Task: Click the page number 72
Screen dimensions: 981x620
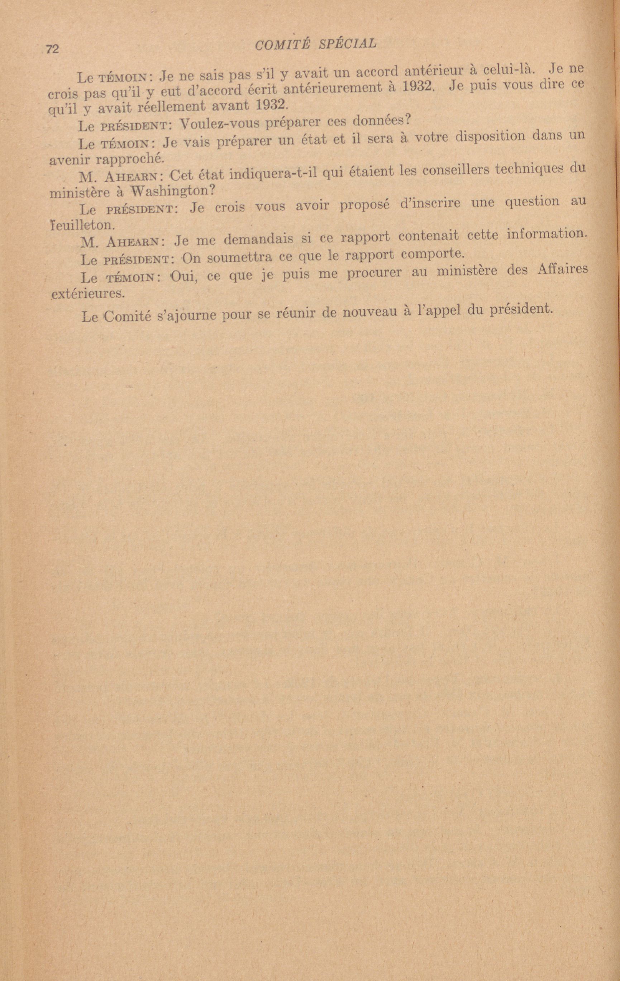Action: (53, 49)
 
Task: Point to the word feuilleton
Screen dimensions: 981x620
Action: (80, 224)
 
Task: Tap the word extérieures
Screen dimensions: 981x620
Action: (87, 293)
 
